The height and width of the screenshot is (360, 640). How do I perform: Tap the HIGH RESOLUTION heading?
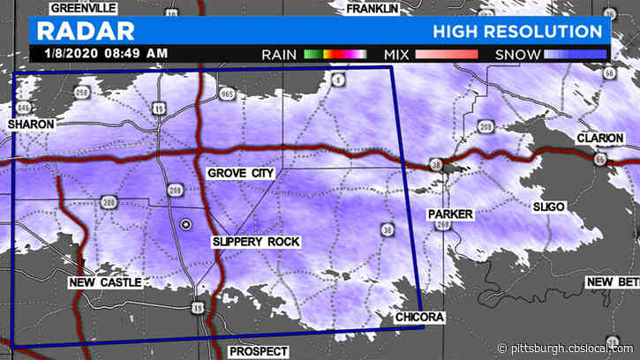point(517,32)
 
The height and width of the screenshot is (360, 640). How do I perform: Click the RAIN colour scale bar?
point(335,54)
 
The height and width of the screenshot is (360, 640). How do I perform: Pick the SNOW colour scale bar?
point(576,54)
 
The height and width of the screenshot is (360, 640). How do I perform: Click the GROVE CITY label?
point(240,174)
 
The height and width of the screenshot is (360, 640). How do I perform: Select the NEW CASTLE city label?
point(104,282)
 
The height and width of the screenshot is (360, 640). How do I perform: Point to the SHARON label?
point(30,125)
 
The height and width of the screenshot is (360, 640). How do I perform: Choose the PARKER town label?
point(450,214)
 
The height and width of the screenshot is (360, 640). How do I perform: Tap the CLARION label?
point(600,139)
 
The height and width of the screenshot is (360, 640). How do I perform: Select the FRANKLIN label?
point(373,9)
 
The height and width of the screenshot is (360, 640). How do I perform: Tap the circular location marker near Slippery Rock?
point(185,225)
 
